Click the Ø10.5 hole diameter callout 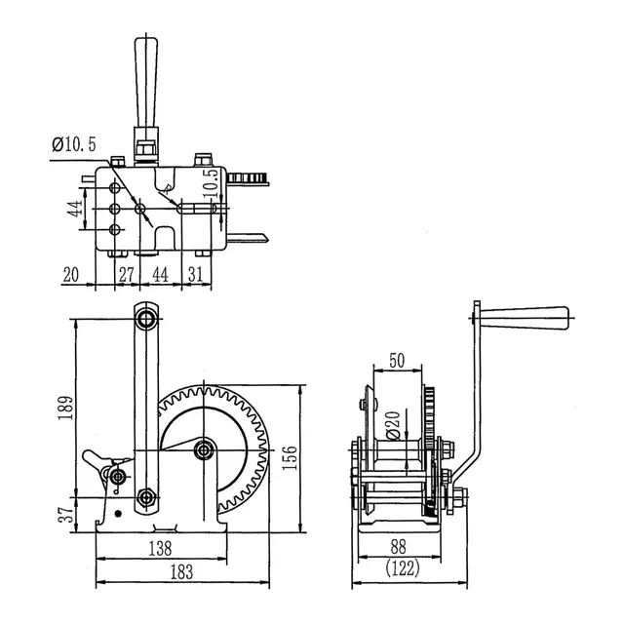pyautogui.click(x=74, y=144)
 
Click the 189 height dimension pyautogui.click(x=65, y=408)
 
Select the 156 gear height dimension pyautogui.click(x=290, y=457)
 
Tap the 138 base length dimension pyautogui.click(x=160, y=548)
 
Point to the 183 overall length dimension pyautogui.click(x=181, y=572)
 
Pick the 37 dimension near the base pyautogui.click(x=66, y=514)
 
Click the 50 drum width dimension pyautogui.click(x=397, y=361)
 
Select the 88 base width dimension pyautogui.click(x=398, y=547)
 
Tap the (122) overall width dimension pyautogui.click(x=403, y=567)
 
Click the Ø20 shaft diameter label pyautogui.click(x=393, y=425)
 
